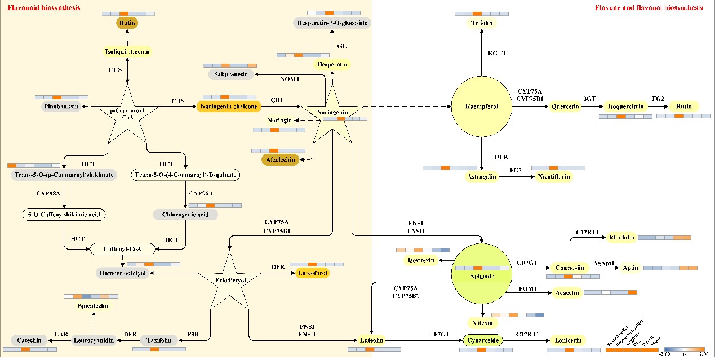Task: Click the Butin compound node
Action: coord(127,23)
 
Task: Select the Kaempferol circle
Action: coord(481,106)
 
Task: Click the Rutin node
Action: coord(683,106)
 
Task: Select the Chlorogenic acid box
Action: coord(185,214)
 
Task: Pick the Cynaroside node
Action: coord(482,340)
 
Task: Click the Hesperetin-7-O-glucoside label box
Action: coord(332,23)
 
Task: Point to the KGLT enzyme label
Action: coord(497,53)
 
